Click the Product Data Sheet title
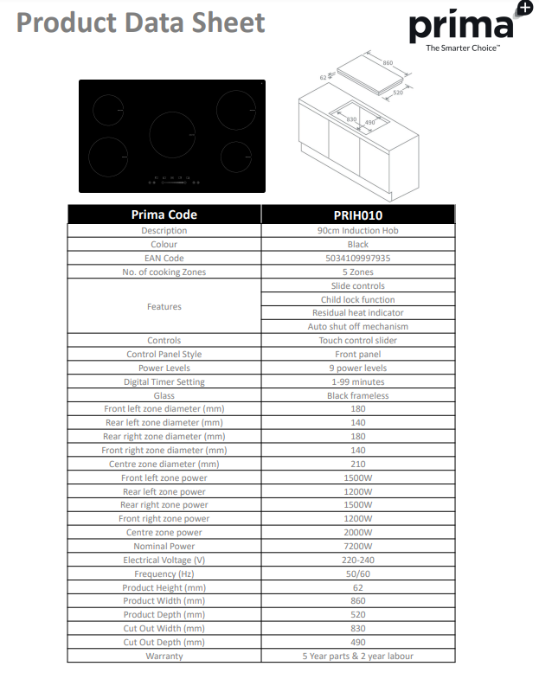[x=140, y=22]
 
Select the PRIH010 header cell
[x=357, y=215]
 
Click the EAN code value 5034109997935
[x=357, y=258]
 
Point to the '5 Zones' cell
[x=357, y=272]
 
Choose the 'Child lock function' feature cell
[x=357, y=299]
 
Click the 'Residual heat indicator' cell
[x=357, y=313]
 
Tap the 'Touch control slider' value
[x=357, y=341]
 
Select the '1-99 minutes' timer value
[x=357, y=381]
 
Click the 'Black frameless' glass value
[x=357, y=395]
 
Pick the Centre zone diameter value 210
[x=357, y=464]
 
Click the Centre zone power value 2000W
[x=357, y=532]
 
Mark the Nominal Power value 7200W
[x=357, y=546]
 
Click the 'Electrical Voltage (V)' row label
[x=164, y=560]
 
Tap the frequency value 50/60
[x=357, y=573]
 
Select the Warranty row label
[x=164, y=656]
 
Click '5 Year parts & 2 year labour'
[x=357, y=656]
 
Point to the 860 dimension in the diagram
[x=388, y=63]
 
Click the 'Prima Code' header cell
[x=164, y=215]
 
